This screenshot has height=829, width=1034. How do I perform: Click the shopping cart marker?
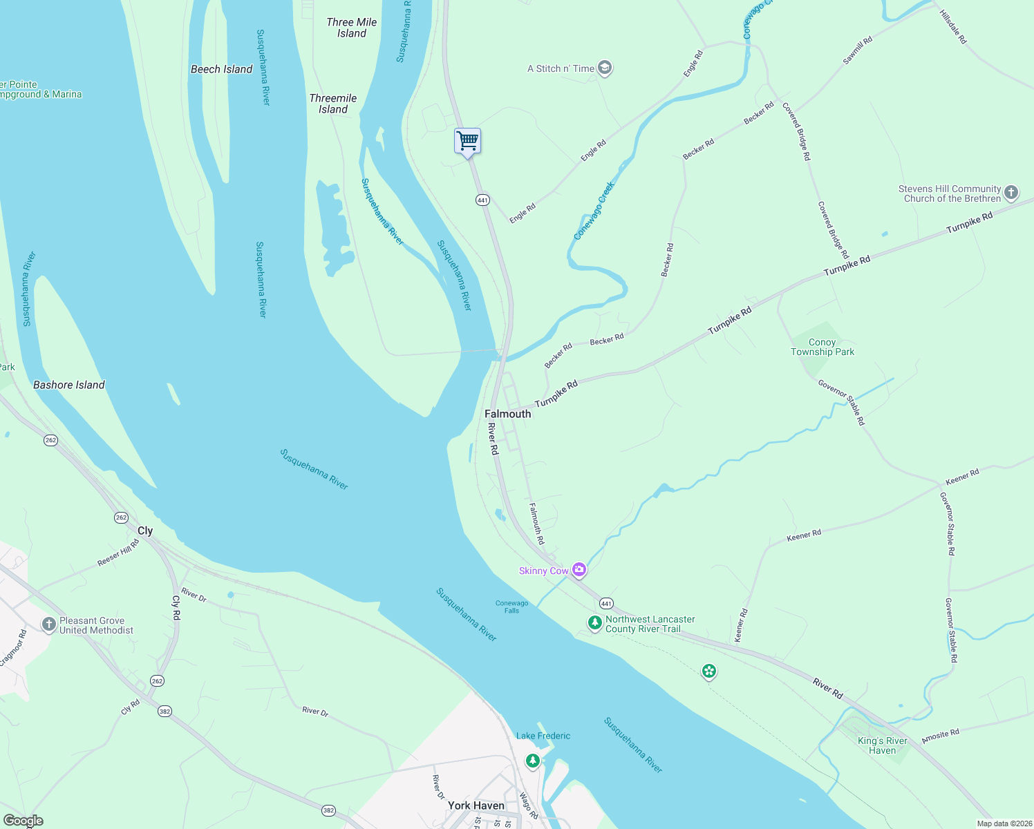click(468, 142)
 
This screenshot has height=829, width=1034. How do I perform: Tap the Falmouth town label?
click(507, 414)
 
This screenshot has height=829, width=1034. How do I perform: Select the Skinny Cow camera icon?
click(579, 570)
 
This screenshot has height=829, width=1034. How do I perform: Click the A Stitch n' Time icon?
click(605, 68)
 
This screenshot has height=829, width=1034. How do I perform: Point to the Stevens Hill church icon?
click(1011, 193)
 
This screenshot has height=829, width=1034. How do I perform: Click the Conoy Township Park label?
click(822, 347)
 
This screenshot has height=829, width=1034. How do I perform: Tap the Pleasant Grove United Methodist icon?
click(48, 625)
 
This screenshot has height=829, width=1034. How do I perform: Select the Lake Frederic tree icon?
click(532, 761)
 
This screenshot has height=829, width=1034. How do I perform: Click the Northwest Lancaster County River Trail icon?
click(594, 623)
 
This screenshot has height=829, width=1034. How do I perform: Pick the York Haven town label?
click(476, 806)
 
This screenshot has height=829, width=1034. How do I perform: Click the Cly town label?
click(145, 531)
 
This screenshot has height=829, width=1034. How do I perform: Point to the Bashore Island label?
click(69, 385)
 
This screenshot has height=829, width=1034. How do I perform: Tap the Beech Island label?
click(221, 69)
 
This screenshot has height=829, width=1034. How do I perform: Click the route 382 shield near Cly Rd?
click(164, 711)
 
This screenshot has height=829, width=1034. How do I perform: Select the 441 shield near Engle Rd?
click(482, 200)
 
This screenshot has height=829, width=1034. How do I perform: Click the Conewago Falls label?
click(511, 607)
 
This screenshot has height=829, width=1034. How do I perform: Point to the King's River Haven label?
click(882, 745)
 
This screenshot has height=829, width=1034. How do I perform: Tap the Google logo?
click(23, 821)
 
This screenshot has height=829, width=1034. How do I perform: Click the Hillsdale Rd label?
click(952, 27)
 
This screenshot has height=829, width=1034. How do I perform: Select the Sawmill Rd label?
click(857, 51)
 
